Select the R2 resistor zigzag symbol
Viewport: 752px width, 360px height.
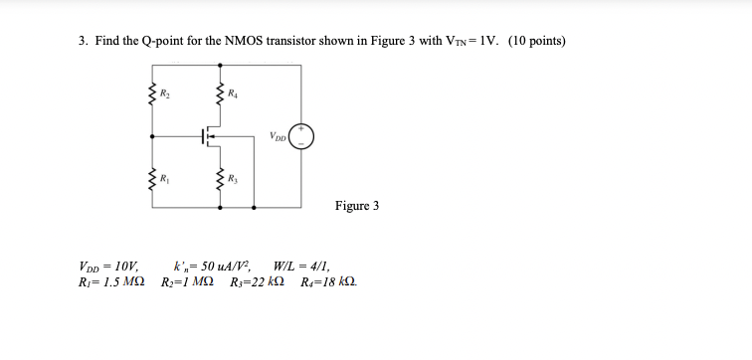pos(152,95)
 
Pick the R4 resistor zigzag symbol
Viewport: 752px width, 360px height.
pos(219,95)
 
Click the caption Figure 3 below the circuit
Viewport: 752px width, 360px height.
pos(357,207)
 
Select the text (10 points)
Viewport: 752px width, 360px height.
pos(537,41)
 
